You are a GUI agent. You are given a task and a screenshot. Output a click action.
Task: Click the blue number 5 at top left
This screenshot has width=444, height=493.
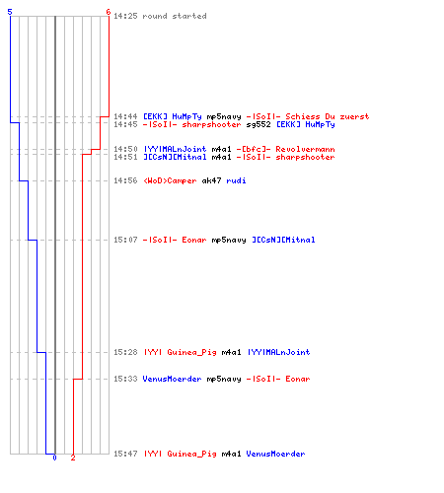[10, 12]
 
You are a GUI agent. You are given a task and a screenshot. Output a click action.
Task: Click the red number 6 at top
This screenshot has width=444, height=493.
[109, 12]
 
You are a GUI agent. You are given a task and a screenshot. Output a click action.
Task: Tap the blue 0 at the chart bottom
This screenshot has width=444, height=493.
[54, 458]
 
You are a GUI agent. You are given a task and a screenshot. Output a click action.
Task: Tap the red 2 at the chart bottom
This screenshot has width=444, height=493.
[73, 458]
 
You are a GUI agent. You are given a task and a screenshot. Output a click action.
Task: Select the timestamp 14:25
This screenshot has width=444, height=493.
[125, 16]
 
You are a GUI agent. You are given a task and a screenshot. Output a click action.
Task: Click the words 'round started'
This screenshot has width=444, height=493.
[175, 16]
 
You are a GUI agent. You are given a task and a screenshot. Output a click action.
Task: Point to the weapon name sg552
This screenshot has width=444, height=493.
[259, 124]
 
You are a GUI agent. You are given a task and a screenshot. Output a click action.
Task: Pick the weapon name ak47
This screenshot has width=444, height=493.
[211, 180]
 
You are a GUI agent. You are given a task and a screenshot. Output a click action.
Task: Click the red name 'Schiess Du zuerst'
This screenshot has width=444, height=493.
[328, 116]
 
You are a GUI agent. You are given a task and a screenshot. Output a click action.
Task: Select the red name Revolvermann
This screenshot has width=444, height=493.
[305, 149]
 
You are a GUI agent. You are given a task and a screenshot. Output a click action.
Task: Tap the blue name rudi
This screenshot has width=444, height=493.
[236, 180]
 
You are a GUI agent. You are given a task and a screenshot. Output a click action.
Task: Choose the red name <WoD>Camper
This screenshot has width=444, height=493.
[170, 180]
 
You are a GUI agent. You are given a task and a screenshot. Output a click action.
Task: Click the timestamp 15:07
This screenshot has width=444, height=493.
[125, 240]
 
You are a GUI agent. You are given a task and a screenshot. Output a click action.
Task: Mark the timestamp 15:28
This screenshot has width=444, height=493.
[125, 352]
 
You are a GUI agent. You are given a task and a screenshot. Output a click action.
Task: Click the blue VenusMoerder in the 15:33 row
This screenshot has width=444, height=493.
[172, 379]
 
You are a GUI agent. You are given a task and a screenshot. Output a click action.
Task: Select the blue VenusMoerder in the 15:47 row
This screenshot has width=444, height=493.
[275, 454]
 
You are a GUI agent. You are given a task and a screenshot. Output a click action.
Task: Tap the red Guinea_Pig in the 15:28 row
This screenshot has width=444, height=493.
[191, 352]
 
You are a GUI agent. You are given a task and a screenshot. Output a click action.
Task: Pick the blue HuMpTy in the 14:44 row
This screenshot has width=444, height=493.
[186, 116]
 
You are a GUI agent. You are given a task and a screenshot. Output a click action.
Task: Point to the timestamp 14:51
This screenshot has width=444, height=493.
[125, 157]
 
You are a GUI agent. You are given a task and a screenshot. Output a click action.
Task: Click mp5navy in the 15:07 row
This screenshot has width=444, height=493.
[229, 240]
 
